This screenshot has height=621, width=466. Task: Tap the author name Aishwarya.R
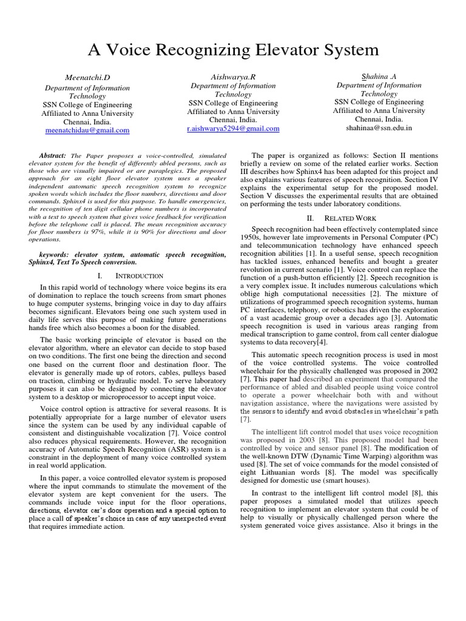pos(233,77)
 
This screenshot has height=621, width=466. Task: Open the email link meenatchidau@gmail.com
pos(88,130)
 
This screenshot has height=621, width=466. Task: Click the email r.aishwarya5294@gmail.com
pos(233,129)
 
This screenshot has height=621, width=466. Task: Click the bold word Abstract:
pos(53,156)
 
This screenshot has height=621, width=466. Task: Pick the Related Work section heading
pos(351,217)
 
